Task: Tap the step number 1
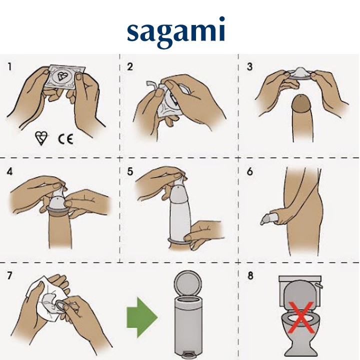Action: [9, 67]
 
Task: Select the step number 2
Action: [130, 67]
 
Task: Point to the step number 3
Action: [249, 67]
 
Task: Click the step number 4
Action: [9, 171]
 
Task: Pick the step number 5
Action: [130, 171]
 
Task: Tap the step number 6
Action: [250, 171]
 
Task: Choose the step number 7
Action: [9, 275]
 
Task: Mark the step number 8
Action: [250, 275]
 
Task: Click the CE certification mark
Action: [65, 139]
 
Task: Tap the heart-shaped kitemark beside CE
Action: [41, 138]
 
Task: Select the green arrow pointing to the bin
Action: [142, 317]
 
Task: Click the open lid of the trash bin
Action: [187, 282]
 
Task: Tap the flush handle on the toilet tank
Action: [319, 286]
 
